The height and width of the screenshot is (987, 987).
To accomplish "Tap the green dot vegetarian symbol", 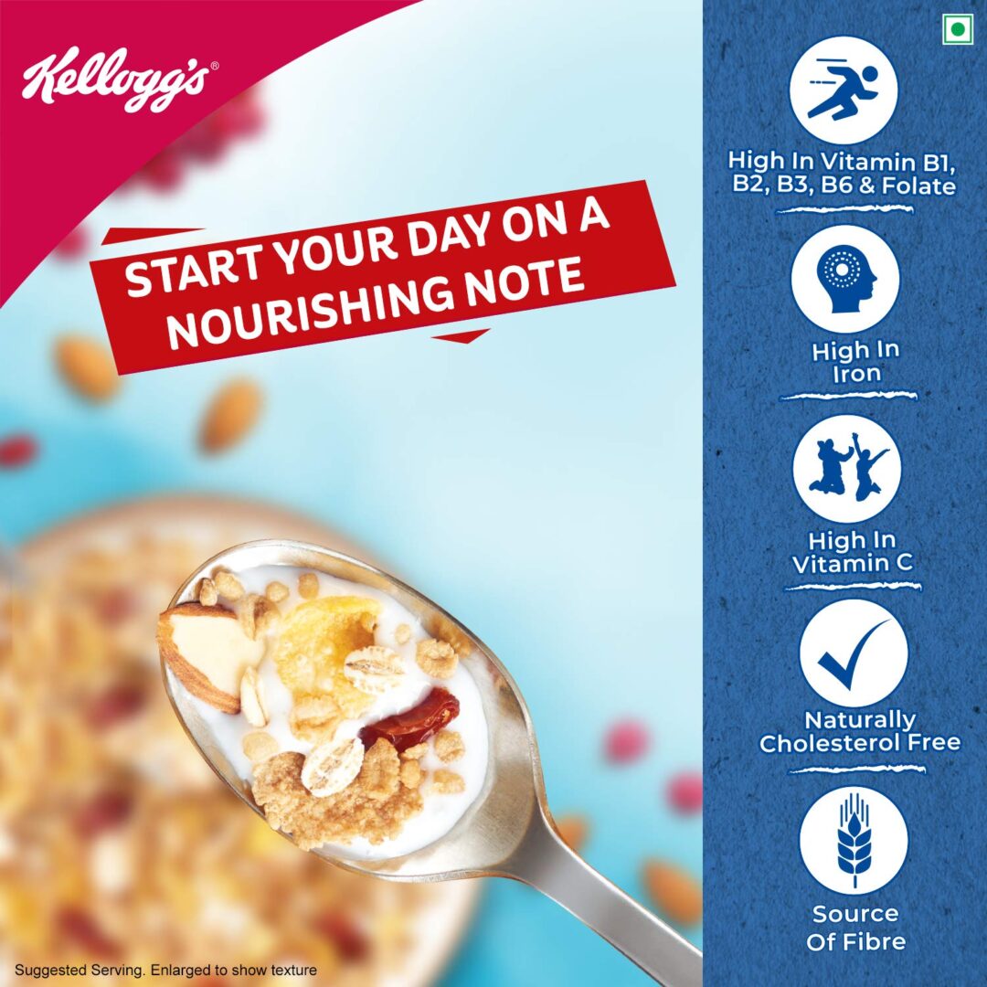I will (957, 29).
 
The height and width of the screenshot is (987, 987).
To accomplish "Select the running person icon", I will (844, 90).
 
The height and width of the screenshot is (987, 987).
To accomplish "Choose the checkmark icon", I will (853, 653).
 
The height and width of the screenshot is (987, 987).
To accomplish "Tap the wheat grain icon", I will (853, 840).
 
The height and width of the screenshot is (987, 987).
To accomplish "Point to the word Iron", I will (856, 373).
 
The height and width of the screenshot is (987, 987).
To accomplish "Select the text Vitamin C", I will (852, 564).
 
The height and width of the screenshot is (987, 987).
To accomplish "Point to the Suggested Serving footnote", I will (165, 970).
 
